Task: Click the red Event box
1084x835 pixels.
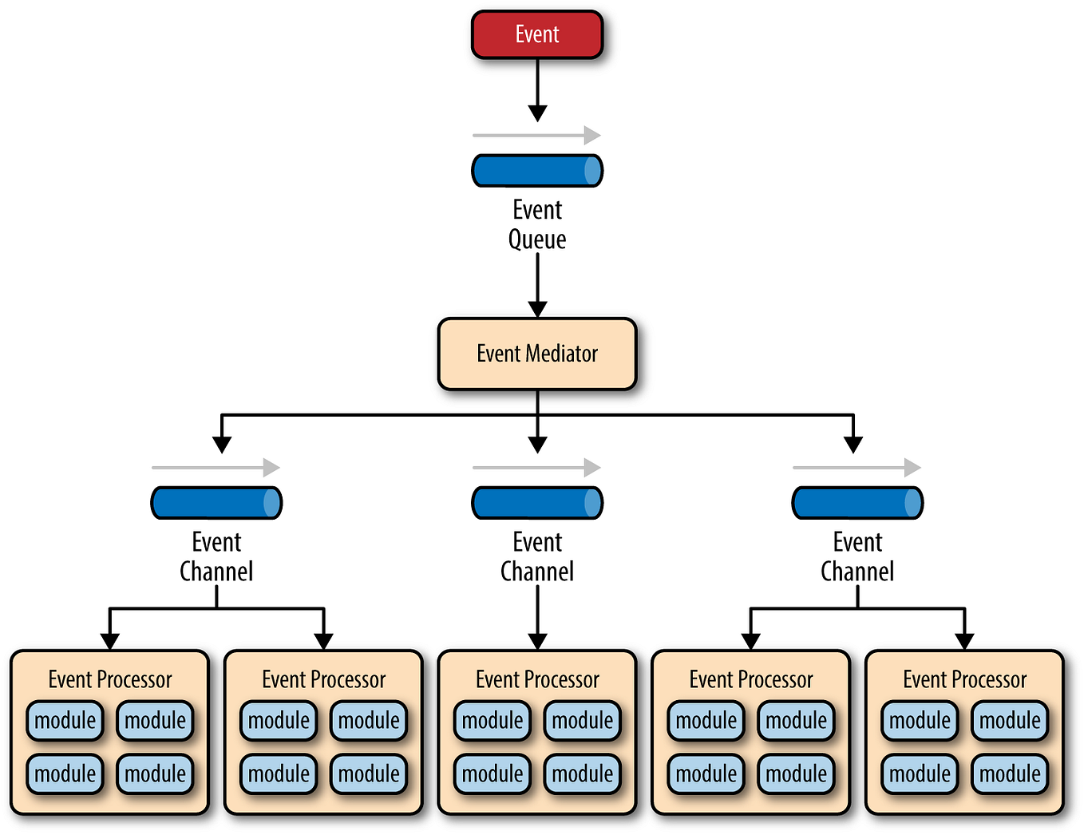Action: [x=537, y=35]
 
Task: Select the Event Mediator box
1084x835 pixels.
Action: [x=537, y=354]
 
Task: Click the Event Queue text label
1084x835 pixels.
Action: [x=537, y=224]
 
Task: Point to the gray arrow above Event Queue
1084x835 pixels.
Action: [x=536, y=135]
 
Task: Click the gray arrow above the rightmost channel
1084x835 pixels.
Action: [x=857, y=468]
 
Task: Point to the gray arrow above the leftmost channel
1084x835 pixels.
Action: [x=216, y=468]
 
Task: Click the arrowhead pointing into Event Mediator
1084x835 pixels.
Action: [x=538, y=309]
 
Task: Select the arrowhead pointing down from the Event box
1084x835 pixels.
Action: [x=538, y=113]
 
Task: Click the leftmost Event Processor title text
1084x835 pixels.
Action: [x=110, y=679]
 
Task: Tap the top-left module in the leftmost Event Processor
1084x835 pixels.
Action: [x=65, y=720]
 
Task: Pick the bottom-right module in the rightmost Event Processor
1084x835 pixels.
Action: [x=1010, y=774]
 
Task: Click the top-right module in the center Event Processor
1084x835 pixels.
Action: [x=583, y=720]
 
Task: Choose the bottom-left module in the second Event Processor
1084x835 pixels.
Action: [x=279, y=774]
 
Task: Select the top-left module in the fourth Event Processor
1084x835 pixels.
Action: [x=706, y=720]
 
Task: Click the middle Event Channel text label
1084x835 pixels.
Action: [x=537, y=556]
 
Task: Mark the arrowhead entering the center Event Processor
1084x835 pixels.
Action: [x=538, y=641]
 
